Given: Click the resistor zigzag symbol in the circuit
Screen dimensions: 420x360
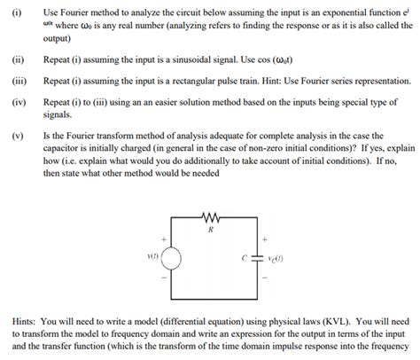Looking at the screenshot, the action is (x=210, y=215).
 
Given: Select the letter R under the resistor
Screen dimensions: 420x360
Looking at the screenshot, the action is (x=210, y=228).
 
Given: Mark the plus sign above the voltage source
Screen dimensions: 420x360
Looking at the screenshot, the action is (x=162, y=237).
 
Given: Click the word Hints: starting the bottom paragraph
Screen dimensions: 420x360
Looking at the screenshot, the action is (x=26, y=320).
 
